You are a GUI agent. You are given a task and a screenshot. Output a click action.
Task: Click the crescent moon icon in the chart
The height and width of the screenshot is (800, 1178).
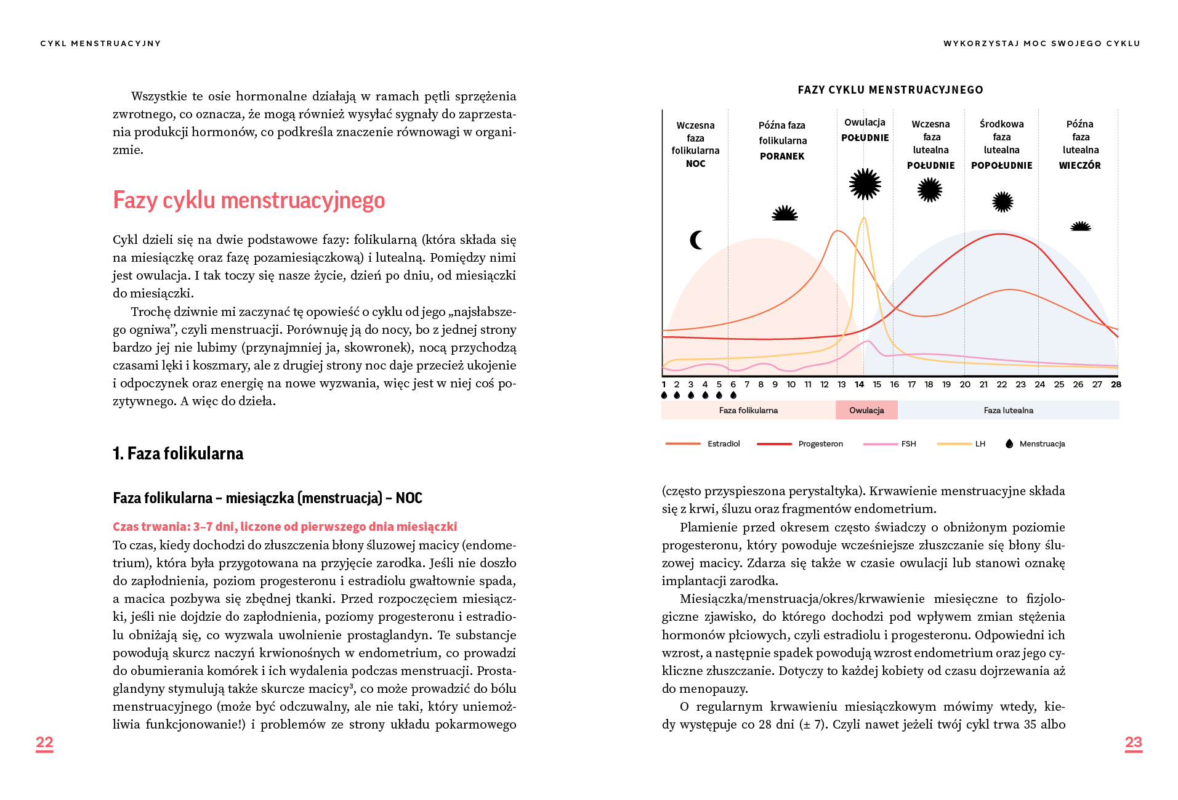(x=696, y=240)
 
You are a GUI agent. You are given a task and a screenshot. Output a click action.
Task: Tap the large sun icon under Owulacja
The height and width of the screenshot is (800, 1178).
(x=865, y=184)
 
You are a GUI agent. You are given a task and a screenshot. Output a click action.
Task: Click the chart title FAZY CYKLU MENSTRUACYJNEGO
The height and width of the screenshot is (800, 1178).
(x=890, y=90)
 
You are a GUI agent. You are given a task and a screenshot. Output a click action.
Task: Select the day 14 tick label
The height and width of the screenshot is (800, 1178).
(x=859, y=384)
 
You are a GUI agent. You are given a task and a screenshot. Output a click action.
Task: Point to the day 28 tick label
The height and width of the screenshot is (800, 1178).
(x=1116, y=384)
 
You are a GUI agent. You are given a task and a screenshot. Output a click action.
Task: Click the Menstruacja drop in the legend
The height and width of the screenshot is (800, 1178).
(x=1009, y=443)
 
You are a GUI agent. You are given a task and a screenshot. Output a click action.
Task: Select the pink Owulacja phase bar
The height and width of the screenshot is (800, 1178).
(x=866, y=410)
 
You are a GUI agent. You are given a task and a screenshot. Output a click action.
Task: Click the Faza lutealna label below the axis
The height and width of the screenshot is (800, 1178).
(x=1008, y=410)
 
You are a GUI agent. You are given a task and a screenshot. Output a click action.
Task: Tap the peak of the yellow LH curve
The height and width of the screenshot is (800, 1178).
(x=864, y=218)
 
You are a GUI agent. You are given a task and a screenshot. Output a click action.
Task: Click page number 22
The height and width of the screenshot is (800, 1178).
(x=44, y=742)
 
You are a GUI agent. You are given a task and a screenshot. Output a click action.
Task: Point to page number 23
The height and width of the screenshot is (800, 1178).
(x=1133, y=742)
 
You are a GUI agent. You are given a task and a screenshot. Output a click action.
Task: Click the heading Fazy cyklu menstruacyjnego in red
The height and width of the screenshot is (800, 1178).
(x=249, y=201)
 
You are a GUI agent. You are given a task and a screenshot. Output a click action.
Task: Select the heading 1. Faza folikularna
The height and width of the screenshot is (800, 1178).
(x=178, y=454)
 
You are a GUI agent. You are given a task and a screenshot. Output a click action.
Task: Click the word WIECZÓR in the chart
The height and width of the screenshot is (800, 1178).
(x=1079, y=166)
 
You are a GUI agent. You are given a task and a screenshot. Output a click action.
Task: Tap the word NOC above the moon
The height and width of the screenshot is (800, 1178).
(x=695, y=164)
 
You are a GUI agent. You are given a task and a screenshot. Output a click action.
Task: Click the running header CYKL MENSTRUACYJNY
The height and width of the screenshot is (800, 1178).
(x=100, y=44)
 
